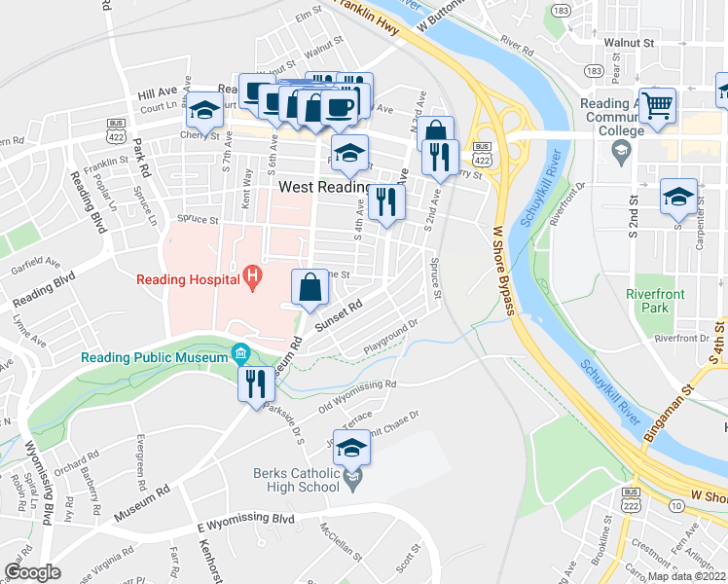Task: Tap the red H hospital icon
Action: (x=253, y=278)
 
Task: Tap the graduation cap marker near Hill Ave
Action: (x=205, y=112)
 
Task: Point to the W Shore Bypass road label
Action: (x=504, y=273)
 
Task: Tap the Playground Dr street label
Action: (x=391, y=336)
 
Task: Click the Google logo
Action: (x=32, y=572)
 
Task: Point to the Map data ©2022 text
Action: (x=687, y=576)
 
